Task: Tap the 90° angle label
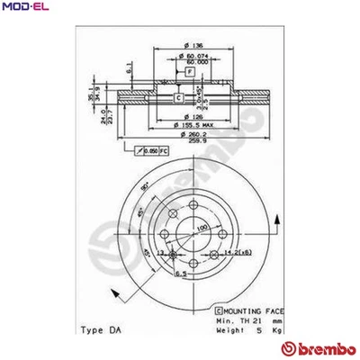point(143,186)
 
